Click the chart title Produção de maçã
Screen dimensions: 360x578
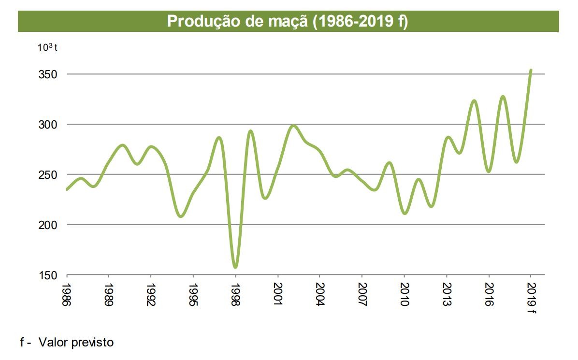(288, 22)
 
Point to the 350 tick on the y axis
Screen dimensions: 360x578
(48, 75)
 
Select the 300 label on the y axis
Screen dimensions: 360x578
(48, 125)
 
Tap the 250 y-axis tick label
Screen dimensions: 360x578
(48, 175)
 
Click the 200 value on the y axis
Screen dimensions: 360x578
(48, 225)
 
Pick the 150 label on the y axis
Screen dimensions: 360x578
(48, 275)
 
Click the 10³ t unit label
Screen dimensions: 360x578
(48, 47)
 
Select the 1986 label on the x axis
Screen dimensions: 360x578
(66, 294)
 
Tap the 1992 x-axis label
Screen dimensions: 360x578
(151, 294)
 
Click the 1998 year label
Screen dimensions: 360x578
(235, 294)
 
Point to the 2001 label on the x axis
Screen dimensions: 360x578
(278, 294)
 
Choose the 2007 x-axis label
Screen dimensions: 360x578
(362, 294)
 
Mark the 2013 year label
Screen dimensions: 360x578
(447, 294)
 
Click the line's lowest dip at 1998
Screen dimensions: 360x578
(235, 267)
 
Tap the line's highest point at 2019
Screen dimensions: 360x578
(531, 70)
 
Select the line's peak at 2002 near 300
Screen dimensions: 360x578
(293, 126)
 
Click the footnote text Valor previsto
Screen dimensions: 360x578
(76, 343)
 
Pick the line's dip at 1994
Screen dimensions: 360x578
(181, 216)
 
